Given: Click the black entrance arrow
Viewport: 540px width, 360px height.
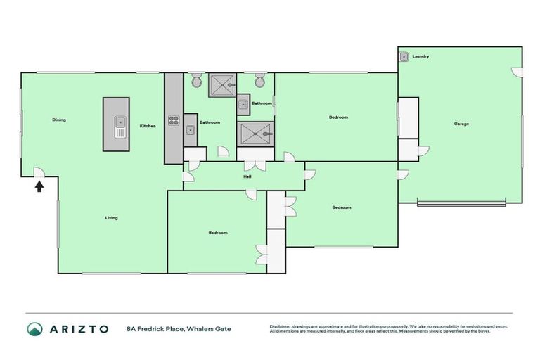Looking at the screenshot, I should (x=39, y=186).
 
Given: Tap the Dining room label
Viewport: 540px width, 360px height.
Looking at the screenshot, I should (x=59, y=120).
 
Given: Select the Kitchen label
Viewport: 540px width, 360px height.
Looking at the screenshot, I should (x=148, y=126).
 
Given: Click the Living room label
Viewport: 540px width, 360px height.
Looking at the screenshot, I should (x=111, y=218).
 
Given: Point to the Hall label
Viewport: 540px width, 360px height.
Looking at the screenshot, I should (x=247, y=176).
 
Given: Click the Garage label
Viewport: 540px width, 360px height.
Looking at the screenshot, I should (x=461, y=124).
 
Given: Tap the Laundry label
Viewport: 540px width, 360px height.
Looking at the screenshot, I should (x=420, y=56).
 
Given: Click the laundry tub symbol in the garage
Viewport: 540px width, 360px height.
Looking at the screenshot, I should (x=404, y=57).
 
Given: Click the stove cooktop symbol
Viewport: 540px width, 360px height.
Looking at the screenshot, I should (x=174, y=120).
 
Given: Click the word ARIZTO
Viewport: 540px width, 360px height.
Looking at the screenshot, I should (x=79, y=329).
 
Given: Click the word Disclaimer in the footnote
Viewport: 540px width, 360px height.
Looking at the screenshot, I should (x=281, y=326).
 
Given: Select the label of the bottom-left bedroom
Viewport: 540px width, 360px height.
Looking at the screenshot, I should (x=218, y=233).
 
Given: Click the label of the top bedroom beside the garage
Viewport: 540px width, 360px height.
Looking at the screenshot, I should (x=338, y=117).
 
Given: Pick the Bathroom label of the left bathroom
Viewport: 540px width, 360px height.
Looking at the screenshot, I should (x=210, y=122).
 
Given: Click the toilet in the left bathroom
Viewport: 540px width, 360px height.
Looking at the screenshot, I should (x=196, y=79).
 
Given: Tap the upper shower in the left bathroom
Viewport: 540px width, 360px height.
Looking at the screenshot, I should (x=222, y=84).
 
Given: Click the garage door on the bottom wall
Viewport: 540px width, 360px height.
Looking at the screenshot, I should (x=461, y=204).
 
